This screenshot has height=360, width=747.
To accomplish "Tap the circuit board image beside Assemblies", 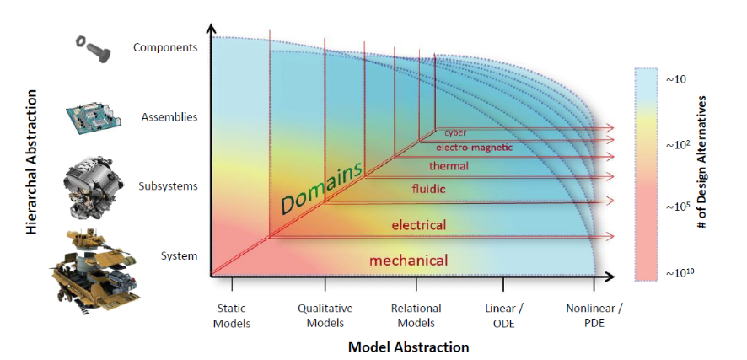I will tap(92, 116).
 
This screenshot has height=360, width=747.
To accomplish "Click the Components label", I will tap(164, 47).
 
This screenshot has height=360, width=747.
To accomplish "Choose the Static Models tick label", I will tap(232, 315).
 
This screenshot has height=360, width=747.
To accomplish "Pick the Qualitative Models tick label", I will tap(325, 315).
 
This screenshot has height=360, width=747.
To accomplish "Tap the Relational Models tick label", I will tap(416, 315).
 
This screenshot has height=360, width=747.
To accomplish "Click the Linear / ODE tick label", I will tap(503, 315).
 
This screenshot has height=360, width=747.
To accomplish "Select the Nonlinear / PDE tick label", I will tap(594, 315).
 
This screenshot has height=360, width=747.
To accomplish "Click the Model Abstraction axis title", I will tap(409, 347).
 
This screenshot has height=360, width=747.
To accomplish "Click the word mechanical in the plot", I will tap(408, 261).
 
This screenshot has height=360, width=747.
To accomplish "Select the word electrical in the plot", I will tap(418, 225).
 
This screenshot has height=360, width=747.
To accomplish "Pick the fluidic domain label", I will tap(428, 189).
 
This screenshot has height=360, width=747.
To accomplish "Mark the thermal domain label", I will tap(449, 166).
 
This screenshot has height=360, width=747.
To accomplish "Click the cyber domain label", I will tap(456, 132).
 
